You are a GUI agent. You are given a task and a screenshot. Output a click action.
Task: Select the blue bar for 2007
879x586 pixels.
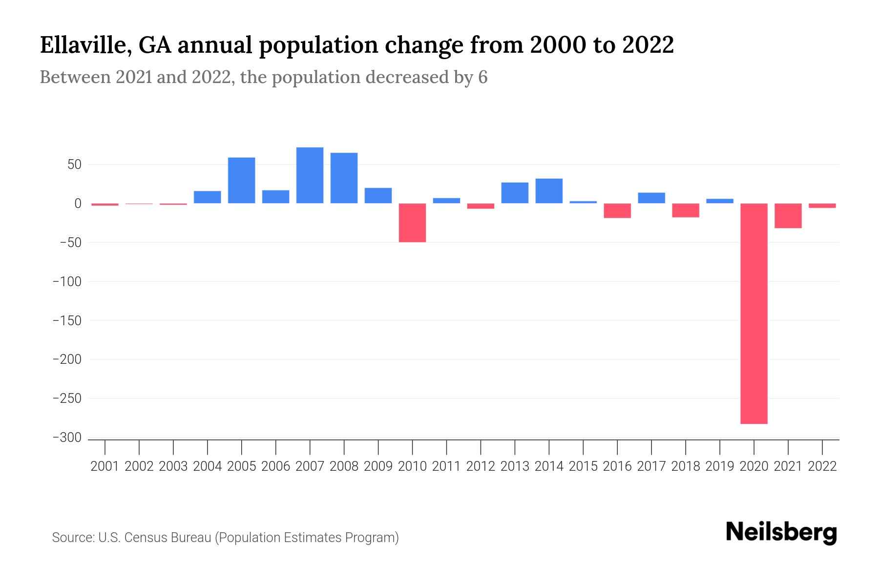(310, 175)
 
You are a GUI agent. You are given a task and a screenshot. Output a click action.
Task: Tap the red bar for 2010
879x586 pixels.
(412, 223)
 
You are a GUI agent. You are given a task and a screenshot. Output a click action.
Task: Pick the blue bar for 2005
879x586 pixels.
(241, 180)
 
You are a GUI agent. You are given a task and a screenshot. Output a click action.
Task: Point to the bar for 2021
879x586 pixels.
(788, 216)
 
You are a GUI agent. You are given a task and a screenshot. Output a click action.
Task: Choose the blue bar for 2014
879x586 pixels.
(549, 191)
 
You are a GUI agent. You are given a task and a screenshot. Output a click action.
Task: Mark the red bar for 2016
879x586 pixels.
(617, 210)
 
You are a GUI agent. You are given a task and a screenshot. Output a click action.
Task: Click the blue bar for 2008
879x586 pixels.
(344, 178)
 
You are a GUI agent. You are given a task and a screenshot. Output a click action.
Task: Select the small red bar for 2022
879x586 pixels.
(822, 206)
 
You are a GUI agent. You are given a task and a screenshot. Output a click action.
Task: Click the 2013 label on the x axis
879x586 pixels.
(515, 466)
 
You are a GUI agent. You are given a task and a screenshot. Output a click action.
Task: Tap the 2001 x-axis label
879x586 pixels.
(105, 466)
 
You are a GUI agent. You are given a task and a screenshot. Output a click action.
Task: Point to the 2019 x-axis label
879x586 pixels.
(720, 466)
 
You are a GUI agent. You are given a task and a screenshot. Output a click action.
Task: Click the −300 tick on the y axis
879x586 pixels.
(67, 438)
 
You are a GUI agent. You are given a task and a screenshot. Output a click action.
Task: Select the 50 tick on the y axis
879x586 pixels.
(74, 165)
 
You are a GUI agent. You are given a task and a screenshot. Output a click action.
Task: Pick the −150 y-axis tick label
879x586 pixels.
(67, 320)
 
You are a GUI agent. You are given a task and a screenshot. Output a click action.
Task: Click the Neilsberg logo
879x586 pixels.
(781, 532)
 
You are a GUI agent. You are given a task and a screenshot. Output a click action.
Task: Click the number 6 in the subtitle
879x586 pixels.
(482, 77)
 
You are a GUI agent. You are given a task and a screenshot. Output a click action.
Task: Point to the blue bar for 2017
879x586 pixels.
(651, 198)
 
